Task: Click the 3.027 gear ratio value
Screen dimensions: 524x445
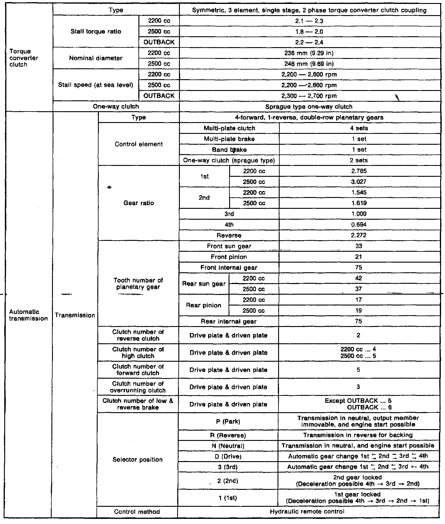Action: [359, 182]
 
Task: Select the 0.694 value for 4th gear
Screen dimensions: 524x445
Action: [359, 225]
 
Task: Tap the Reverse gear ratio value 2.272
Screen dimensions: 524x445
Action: [359, 235]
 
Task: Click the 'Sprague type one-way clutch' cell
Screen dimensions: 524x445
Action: [309, 107]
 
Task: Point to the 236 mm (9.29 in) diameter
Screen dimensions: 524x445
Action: [309, 53]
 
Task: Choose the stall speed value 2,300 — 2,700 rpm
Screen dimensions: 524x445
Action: [309, 96]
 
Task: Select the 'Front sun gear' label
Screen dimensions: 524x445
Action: [229, 246]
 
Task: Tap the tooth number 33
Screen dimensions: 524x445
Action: [359, 246]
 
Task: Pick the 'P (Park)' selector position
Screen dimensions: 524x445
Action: [228, 421]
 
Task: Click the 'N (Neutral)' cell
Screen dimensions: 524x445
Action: [228, 446]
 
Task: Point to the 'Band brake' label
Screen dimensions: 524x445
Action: [229, 150]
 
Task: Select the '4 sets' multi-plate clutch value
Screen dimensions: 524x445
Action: [359, 128]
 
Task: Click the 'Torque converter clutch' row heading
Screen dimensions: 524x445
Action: [24, 58]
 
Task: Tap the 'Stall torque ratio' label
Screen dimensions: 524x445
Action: [96, 31]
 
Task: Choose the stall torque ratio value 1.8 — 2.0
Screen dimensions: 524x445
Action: [309, 31]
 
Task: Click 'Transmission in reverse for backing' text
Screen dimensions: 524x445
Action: [358, 435]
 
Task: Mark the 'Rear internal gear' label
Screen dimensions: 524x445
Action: [229, 321]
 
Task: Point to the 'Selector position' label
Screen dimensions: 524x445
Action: [138, 460]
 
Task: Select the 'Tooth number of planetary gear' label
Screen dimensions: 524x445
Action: [138, 283]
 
